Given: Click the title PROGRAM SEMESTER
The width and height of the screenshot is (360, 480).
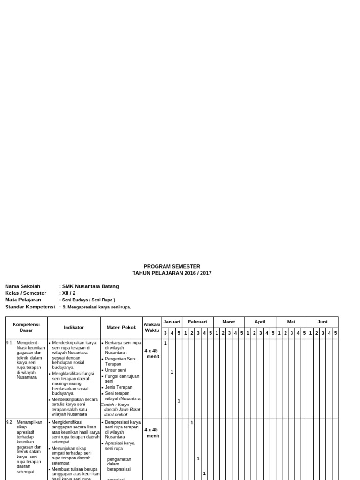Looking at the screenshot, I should point(172,266).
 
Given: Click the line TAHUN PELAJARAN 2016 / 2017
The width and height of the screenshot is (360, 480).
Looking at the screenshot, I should point(172,273).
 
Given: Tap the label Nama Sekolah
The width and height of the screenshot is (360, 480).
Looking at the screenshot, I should point(22,286).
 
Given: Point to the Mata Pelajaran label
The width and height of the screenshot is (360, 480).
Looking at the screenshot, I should point(23,300).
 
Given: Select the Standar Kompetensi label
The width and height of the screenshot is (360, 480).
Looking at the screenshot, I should point(30,307).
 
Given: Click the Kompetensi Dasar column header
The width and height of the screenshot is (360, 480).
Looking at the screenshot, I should point(26,327).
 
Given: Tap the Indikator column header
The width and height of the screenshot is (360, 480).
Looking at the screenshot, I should point(74,327).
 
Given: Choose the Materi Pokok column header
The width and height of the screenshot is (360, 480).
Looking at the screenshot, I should point(121,327).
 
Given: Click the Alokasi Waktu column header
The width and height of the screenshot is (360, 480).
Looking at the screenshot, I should point(152,327).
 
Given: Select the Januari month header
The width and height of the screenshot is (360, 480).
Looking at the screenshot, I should point(172,322).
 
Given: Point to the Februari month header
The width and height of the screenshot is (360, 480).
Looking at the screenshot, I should point(197,322).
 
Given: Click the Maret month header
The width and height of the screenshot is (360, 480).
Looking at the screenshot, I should point(229,322).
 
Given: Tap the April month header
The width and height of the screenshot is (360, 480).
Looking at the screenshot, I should point(260,322).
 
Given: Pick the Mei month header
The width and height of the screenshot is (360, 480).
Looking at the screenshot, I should point(291,322).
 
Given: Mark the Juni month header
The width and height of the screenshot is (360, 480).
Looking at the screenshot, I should point(322,322).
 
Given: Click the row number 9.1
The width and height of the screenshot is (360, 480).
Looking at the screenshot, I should point(9,343).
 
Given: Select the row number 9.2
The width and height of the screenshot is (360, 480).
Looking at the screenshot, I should point(9,422).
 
